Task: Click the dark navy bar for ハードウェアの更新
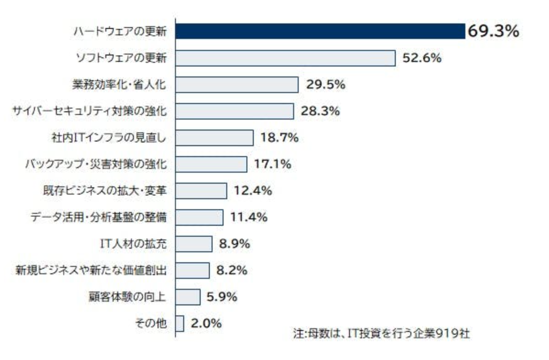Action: click(320, 32)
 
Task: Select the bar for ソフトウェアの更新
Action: click(285, 58)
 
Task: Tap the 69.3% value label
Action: click(493, 32)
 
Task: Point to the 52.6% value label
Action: click(422, 58)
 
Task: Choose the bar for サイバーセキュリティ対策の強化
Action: click(234, 111)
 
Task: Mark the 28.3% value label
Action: click(320, 111)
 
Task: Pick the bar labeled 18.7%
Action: click(214, 137)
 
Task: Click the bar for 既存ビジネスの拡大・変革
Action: click(201, 191)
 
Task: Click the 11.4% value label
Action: click(249, 217)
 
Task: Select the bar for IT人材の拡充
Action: click(194, 244)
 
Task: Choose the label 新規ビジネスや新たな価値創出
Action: click(91, 270)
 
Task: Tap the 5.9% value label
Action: click(221, 297)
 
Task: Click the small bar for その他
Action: click(179, 323)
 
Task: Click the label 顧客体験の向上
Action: click(127, 297)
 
